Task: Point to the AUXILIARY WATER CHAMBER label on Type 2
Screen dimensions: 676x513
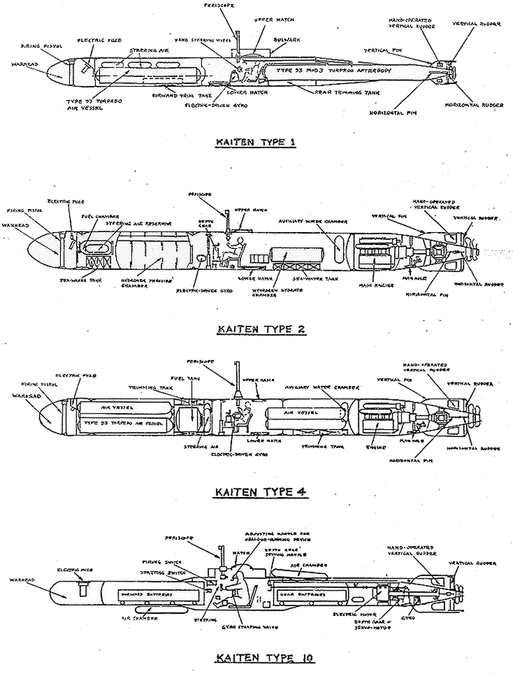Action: tap(312, 220)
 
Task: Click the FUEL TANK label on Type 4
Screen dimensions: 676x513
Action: tap(181, 379)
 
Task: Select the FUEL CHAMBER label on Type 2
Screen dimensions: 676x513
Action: tap(97, 216)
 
